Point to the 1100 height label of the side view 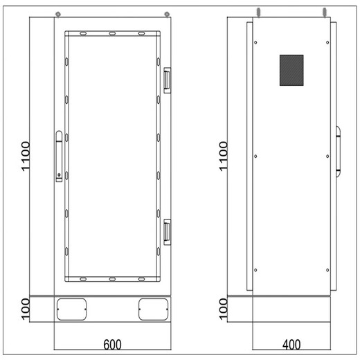[223, 157]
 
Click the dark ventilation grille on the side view [291, 70]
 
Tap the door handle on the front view [60, 149]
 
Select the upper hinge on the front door [166, 79]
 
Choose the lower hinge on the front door [166, 231]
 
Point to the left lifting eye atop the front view [59, 13]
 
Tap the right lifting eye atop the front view [167, 13]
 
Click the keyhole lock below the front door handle [60, 174]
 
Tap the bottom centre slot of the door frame [111, 279]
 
